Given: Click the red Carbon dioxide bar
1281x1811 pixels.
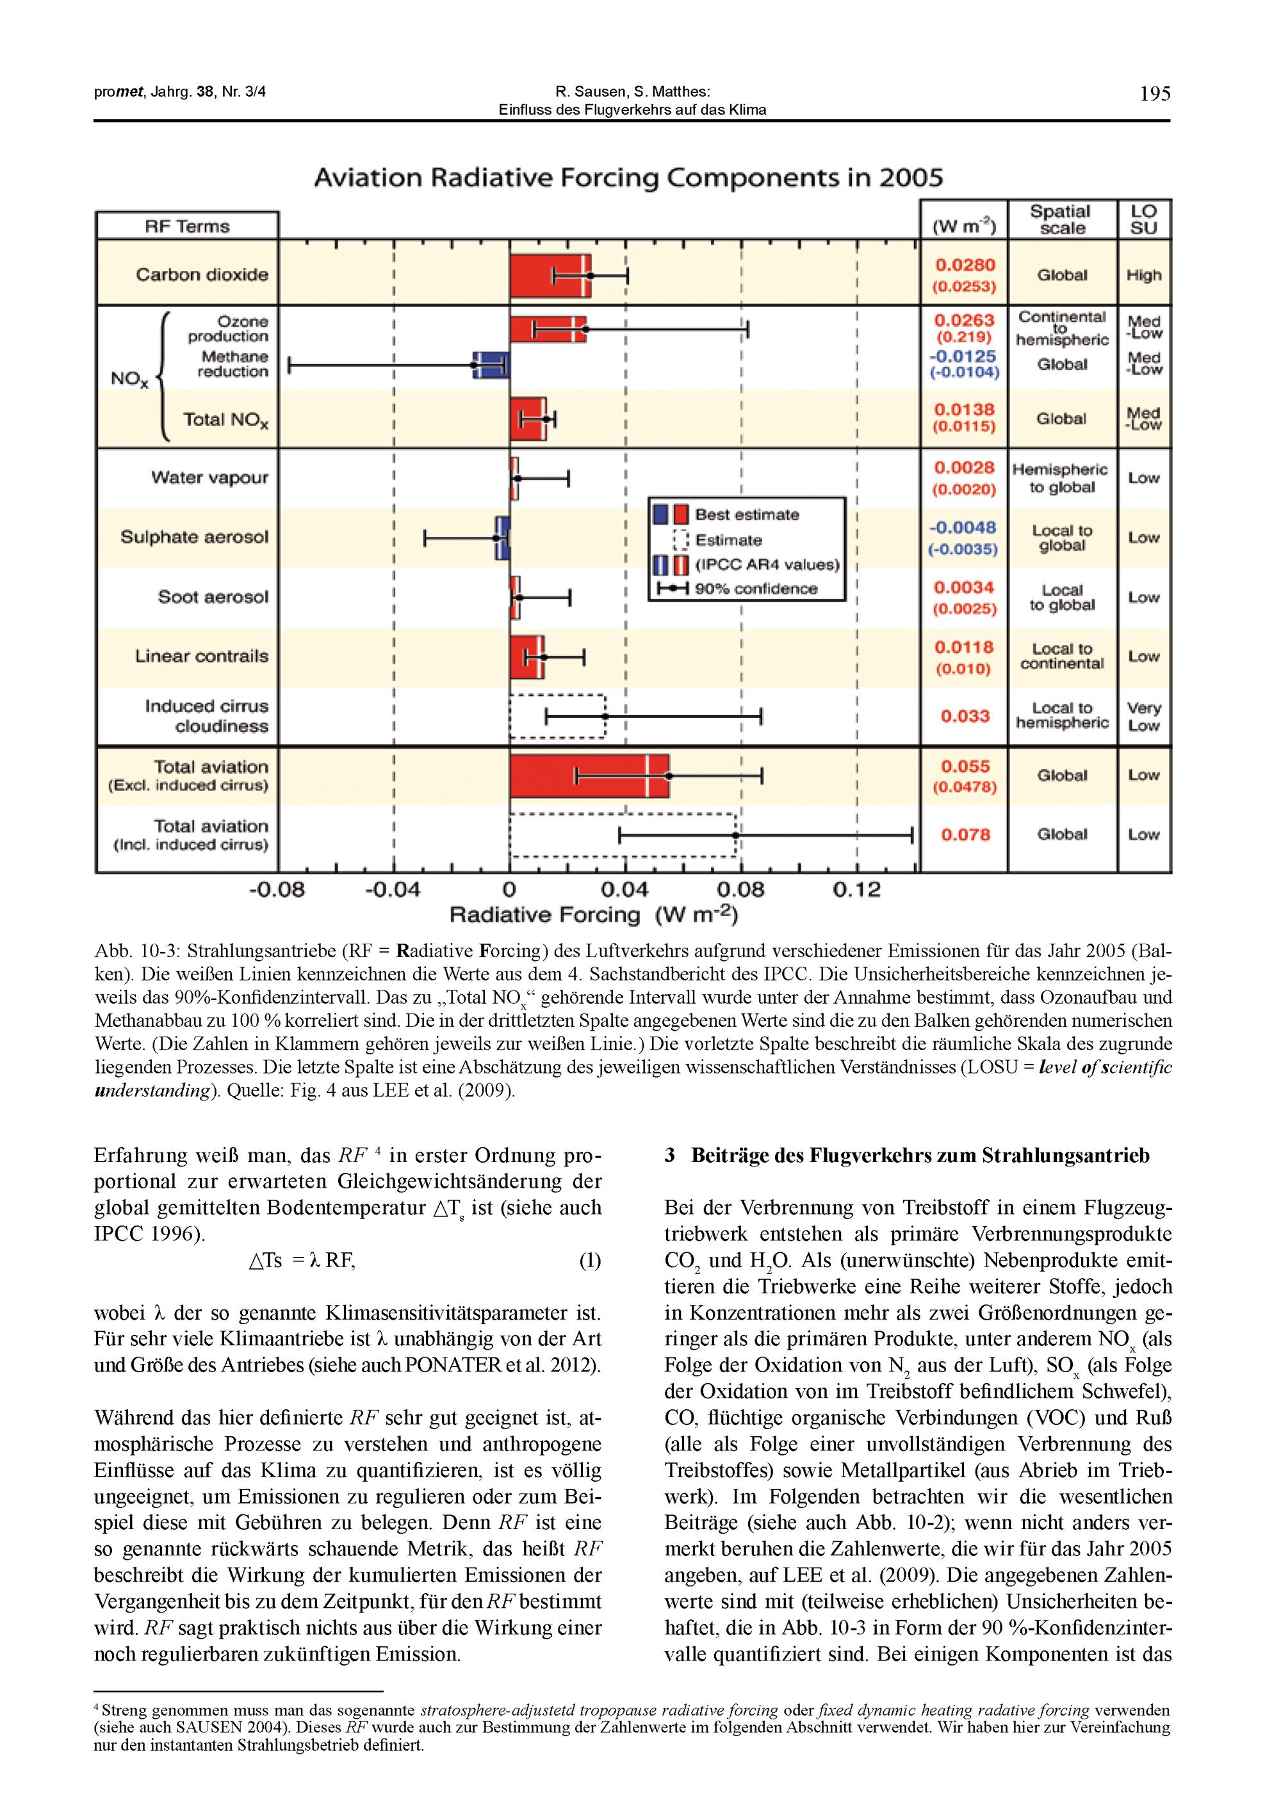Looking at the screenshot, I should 549,275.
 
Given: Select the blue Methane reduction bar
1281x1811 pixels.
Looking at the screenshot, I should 491,365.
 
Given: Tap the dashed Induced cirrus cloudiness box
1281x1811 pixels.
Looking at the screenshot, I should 557,716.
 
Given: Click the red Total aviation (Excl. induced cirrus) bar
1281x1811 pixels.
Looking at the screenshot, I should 589,776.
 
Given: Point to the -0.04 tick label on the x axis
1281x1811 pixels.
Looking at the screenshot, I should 393,890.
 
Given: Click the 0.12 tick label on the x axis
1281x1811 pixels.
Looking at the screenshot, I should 856,890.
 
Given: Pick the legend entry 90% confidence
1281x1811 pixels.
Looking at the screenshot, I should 756,589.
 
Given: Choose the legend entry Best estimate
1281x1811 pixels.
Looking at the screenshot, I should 746,514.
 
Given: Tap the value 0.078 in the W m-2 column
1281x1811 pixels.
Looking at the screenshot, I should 965,835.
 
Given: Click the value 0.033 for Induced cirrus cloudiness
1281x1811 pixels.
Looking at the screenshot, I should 965,716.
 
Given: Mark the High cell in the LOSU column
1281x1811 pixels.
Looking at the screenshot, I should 1144,275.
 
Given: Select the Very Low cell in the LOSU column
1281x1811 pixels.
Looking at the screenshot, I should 1144,716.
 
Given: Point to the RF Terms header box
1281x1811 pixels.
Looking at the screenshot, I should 187,226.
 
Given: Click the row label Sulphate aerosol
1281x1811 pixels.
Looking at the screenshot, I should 194,537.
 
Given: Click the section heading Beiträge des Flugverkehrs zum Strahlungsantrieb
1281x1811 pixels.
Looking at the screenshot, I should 920,1156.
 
